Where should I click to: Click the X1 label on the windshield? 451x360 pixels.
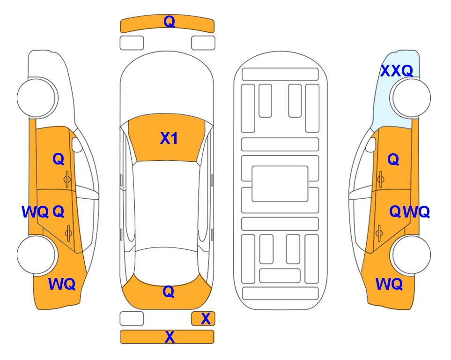169,138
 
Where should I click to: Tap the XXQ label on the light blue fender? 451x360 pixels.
397,71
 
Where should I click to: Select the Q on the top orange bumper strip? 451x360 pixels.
169,22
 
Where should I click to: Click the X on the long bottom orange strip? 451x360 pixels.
170,337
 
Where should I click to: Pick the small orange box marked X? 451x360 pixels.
203,319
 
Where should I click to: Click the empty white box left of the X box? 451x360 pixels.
132,319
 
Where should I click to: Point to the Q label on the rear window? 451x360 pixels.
169,292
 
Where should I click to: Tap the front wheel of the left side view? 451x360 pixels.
37,97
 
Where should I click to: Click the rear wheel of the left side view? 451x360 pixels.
37,255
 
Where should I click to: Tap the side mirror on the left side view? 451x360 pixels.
77,144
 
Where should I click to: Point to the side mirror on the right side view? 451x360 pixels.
371,144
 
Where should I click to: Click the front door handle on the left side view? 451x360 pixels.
67,179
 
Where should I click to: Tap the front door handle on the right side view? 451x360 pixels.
380,179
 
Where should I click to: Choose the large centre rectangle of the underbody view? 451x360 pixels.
280,184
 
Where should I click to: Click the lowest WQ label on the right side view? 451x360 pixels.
389,284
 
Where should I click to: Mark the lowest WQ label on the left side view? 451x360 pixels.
62,284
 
